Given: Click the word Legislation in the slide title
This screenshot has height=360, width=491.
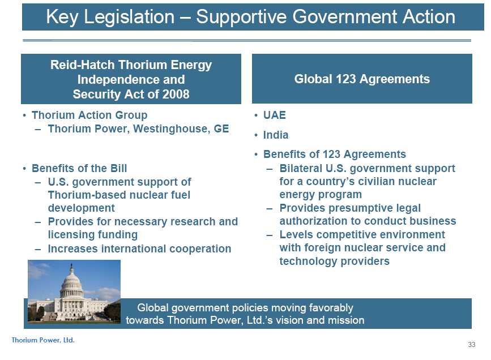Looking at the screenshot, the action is (129, 17).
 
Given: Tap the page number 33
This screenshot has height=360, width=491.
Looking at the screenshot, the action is (472, 345).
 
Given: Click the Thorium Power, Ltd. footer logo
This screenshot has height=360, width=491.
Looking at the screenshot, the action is (43, 340).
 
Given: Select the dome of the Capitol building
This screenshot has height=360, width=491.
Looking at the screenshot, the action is (71, 282).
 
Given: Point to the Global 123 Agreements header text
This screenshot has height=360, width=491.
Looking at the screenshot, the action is (362, 79).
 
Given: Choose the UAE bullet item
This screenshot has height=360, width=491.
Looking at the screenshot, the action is (275, 115).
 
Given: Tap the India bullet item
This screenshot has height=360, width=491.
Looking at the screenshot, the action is (276, 135).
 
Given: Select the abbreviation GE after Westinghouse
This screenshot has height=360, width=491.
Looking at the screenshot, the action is (221, 128).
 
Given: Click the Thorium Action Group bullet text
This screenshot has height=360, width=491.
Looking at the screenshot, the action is (89, 115).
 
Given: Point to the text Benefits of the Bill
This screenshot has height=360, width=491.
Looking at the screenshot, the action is (79, 168).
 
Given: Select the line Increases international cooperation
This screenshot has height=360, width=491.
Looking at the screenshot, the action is (140, 249).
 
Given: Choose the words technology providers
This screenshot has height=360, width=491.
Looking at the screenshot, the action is (335, 261).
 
